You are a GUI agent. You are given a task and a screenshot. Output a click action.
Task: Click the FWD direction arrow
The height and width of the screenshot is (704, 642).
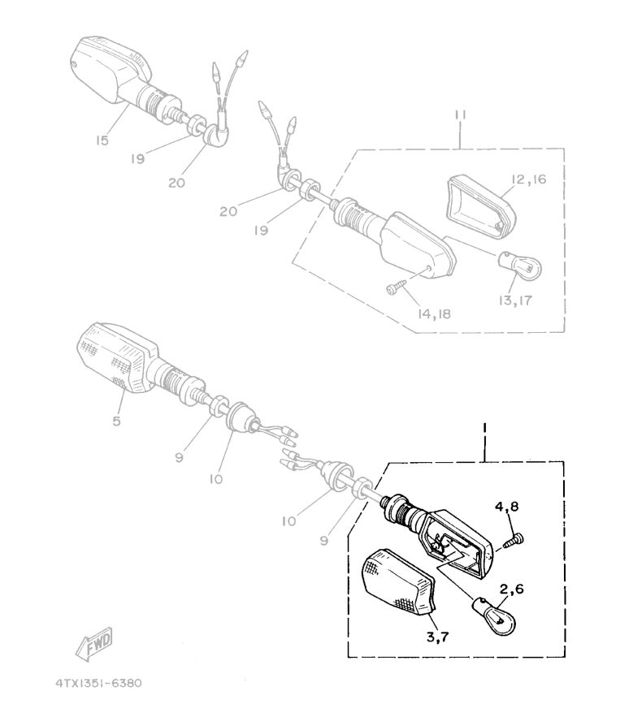pos(94,643)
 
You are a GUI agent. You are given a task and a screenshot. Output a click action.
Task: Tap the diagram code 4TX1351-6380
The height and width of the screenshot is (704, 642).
pos(98,683)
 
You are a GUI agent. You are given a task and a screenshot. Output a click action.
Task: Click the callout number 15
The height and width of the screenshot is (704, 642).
pos(102,140)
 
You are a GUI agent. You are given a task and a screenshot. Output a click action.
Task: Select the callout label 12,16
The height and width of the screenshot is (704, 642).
pos(529,179)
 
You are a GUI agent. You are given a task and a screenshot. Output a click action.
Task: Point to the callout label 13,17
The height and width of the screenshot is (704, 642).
pos(515,300)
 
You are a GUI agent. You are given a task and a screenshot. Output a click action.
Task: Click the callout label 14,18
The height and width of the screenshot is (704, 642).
pos(435,314)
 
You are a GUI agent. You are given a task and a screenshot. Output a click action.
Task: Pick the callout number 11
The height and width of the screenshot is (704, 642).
pos(460,114)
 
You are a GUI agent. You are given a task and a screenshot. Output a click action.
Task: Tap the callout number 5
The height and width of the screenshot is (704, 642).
pos(116,421)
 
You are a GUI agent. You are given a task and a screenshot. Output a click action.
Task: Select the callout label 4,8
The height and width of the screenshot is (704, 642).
pos(507,507)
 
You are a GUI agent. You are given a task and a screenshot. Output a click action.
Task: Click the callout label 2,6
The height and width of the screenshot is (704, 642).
pos(512,589)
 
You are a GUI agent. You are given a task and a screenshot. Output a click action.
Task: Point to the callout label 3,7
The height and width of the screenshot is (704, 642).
pos(437,637)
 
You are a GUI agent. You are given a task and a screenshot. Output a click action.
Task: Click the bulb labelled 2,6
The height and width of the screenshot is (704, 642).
pos(493,617)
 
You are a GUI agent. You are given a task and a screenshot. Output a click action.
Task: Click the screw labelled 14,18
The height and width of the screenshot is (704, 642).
pos(396,286)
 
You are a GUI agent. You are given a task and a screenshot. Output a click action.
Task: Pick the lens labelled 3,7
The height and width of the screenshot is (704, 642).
pos(397,582)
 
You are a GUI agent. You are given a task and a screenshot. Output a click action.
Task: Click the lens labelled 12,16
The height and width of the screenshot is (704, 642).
pos(481,207)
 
